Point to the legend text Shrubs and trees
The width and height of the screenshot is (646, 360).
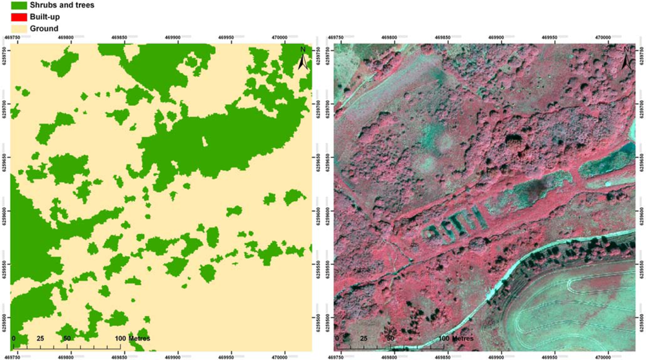[x=65, y=5]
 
